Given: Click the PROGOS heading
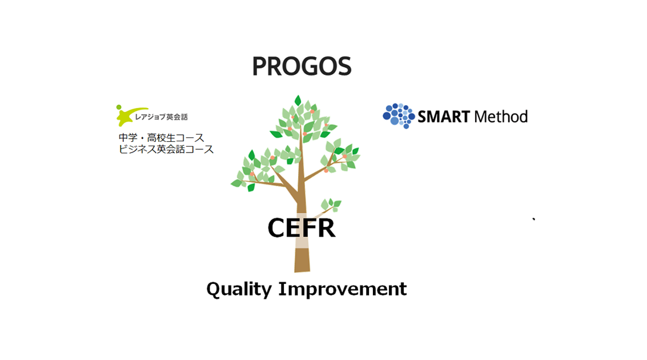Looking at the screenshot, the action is click(x=302, y=66).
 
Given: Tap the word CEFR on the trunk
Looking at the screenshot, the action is click(x=302, y=228).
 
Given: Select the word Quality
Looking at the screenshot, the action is click(x=239, y=289).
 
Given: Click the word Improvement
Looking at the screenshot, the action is click(x=343, y=289).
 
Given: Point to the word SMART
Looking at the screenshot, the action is click(x=444, y=117).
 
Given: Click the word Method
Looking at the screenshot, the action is click(x=501, y=117).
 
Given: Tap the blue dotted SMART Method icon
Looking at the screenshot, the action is click(x=399, y=115).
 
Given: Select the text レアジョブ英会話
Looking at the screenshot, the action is click(x=162, y=117).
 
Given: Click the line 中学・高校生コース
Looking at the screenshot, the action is click(x=162, y=138).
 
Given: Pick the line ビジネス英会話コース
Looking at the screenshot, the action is click(x=166, y=149).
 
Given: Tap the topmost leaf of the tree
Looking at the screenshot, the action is click(x=298, y=101).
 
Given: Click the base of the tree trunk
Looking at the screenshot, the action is click(x=302, y=269).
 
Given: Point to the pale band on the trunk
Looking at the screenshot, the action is click(x=302, y=243).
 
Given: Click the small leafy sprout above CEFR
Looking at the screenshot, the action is click(x=331, y=205).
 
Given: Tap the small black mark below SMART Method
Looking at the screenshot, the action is click(x=534, y=219).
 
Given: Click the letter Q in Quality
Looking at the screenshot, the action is click(x=214, y=290).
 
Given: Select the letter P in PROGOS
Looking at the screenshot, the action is click(x=259, y=66).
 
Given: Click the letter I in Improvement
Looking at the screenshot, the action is click(x=283, y=289).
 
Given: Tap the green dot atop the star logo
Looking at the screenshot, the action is click(x=119, y=107).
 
